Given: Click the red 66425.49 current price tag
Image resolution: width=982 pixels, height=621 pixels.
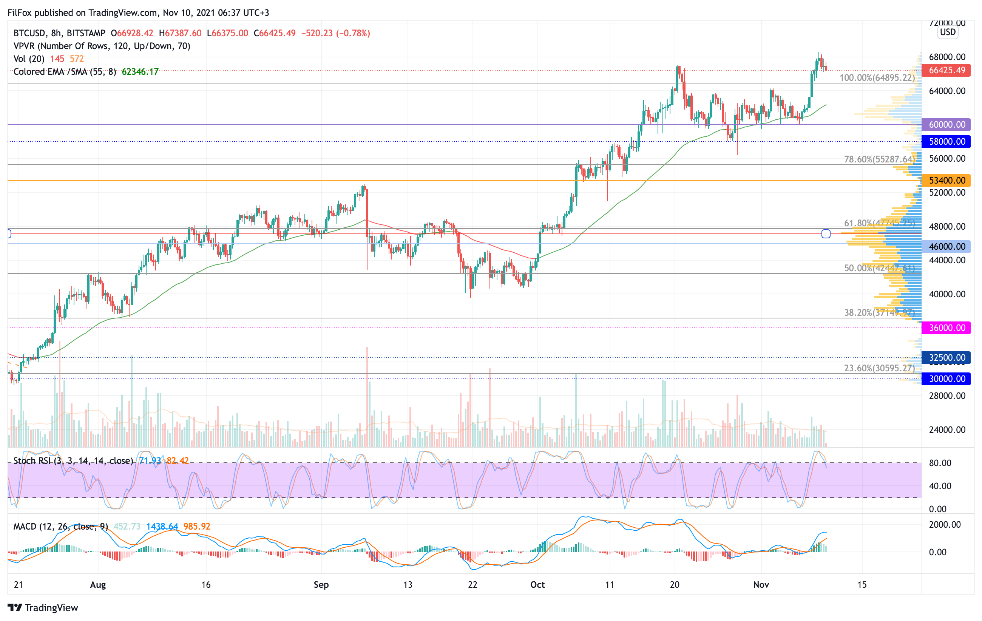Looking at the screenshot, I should pyautogui.click(x=946, y=70).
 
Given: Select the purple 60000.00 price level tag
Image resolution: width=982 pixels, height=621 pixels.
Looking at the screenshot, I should pyautogui.click(x=946, y=125).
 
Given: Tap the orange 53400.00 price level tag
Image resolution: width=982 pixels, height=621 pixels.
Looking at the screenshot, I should pyautogui.click(x=946, y=180).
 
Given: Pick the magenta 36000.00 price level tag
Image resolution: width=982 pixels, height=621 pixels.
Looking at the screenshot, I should pyautogui.click(x=946, y=328).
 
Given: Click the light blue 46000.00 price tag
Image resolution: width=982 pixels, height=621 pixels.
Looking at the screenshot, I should pyautogui.click(x=946, y=246).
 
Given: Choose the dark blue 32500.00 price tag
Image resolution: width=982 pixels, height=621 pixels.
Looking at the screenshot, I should pyautogui.click(x=946, y=358).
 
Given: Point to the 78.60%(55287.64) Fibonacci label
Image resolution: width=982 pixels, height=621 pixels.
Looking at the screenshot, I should pyautogui.click(x=879, y=159).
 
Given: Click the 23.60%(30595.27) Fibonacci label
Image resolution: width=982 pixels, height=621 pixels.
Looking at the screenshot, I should pyautogui.click(x=879, y=368).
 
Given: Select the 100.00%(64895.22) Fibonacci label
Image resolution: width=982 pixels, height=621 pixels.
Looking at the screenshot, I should pyautogui.click(x=877, y=77).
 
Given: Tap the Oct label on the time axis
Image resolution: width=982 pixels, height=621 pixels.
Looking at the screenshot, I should pyautogui.click(x=537, y=585).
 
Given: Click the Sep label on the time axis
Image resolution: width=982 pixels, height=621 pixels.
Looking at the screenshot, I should pyautogui.click(x=321, y=585).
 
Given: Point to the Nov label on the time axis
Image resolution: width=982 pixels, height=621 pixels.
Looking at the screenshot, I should pyautogui.click(x=761, y=585).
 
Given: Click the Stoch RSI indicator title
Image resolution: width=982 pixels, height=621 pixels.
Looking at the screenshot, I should pyautogui.click(x=73, y=461).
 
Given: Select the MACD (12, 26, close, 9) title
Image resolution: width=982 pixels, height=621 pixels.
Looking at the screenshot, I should pyautogui.click(x=60, y=527).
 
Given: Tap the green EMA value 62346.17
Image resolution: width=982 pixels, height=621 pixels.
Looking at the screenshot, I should pyautogui.click(x=140, y=72).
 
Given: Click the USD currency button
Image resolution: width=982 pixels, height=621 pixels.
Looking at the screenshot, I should pyautogui.click(x=948, y=32).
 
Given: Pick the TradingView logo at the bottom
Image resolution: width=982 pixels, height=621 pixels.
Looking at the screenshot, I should pyautogui.click(x=43, y=607).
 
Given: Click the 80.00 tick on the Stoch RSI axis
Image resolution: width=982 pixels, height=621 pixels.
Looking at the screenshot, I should pyautogui.click(x=940, y=463).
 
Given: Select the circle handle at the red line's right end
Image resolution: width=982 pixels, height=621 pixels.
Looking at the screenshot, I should pyautogui.click(x=826, y=234).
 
